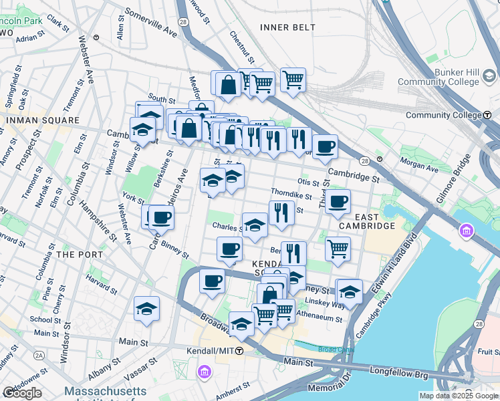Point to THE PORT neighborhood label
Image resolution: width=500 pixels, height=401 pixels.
point(80,255)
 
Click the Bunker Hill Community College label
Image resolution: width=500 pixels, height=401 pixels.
point(439,77)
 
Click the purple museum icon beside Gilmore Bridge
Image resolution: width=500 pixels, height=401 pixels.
point(466,232)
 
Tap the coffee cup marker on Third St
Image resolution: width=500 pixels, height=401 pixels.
point(338,201)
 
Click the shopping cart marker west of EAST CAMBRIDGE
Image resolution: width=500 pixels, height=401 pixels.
point(338,249)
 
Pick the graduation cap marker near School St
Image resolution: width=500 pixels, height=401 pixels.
point(146,309)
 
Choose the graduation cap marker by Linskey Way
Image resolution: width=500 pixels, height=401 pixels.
point(350,291)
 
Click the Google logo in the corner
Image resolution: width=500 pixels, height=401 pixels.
point(21,393)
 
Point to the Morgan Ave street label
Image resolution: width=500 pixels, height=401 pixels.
point(418,162)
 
